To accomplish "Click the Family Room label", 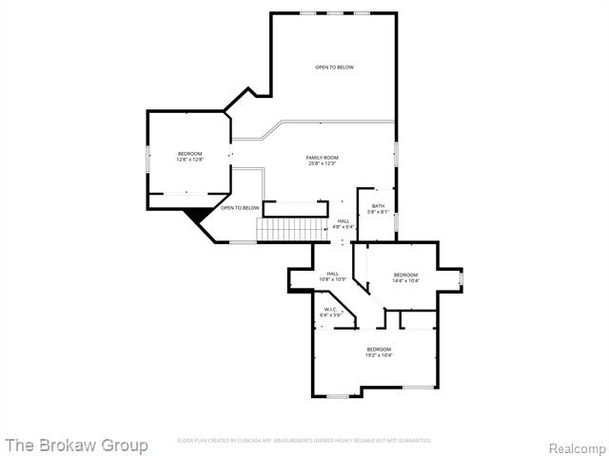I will click(323, 157).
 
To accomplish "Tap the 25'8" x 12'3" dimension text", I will click(323, 163).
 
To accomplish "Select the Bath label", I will click(378, 206).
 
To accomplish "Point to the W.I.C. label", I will click(330, 309).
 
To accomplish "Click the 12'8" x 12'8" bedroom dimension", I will click(189, 160).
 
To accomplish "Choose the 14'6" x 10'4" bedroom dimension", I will click(405, 280).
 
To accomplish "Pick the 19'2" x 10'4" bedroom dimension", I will click(379, 355).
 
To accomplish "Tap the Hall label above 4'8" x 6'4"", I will click(343, 221).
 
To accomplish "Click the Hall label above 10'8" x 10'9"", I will click(333, 274).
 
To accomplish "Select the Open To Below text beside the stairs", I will click(240, 208).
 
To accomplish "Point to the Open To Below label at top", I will click(335, 67).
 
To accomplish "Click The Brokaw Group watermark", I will click(76, 445).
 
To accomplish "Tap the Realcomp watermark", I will click(578, 447).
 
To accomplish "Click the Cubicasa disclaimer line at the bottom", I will click(304, 441).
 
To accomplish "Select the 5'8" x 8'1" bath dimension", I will click(378, 212).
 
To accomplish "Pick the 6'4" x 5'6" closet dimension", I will click(330, 314).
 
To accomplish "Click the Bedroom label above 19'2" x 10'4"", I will click(379, 350).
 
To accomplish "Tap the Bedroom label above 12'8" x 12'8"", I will click(189, 154).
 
